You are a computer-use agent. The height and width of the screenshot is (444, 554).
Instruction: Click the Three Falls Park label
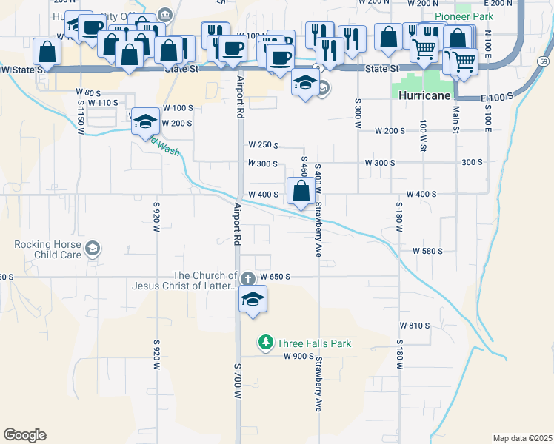pyautogui.click(x=314, y=343)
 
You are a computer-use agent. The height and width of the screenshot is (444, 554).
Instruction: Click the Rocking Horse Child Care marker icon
pyautogui.click(x=92, y=249)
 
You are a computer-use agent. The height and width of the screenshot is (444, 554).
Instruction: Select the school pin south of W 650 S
pyautogui.click(x=252, y=300)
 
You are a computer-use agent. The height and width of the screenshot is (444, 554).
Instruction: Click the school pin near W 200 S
pyautogui.click(x=145, y=121)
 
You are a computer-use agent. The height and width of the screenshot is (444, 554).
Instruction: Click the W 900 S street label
pyautogui.click(x=298, y=356)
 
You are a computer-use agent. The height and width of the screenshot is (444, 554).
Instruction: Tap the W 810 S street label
pyautogui.click(x=415, y=325)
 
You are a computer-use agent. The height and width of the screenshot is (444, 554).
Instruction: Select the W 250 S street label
pyautogui.click(x=263, y=144)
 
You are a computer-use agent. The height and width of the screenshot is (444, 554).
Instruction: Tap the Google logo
pyautogui.click(x=24, y=435)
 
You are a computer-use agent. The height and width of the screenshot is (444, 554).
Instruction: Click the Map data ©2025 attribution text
pyautogui.click(x=522, y=438)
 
